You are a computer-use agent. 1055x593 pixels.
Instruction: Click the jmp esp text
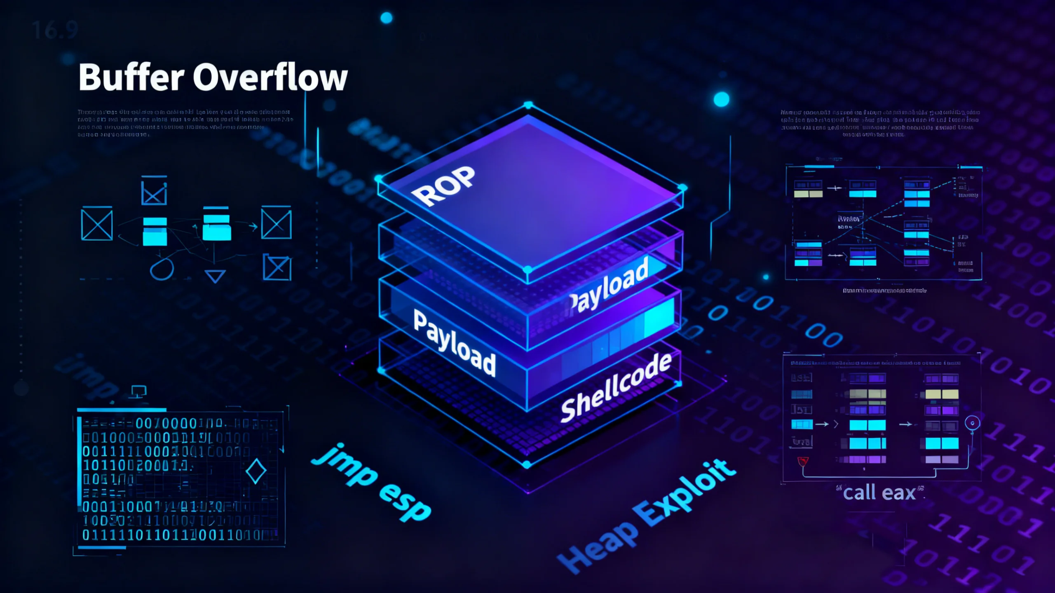tap(371, 482)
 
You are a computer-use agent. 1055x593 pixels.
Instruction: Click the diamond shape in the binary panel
tap(256, 471)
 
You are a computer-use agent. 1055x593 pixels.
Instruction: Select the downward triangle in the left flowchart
tap(215, 276)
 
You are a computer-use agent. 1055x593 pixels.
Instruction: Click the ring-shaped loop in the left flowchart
tap(162, 270)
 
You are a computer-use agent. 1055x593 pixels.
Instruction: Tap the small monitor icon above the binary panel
tap(138, 391)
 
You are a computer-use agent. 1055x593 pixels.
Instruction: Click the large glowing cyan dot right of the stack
tap(721, 99)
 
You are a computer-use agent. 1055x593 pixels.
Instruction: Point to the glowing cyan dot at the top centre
tap(386, 18)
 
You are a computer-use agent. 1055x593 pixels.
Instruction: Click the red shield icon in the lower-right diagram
tap(803, 461)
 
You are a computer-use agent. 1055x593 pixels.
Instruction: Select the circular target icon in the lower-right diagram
tap(972, 423)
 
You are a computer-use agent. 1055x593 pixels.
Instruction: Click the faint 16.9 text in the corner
tap(55, 30)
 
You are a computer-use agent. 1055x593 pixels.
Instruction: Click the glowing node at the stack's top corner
tap(528, 105)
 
